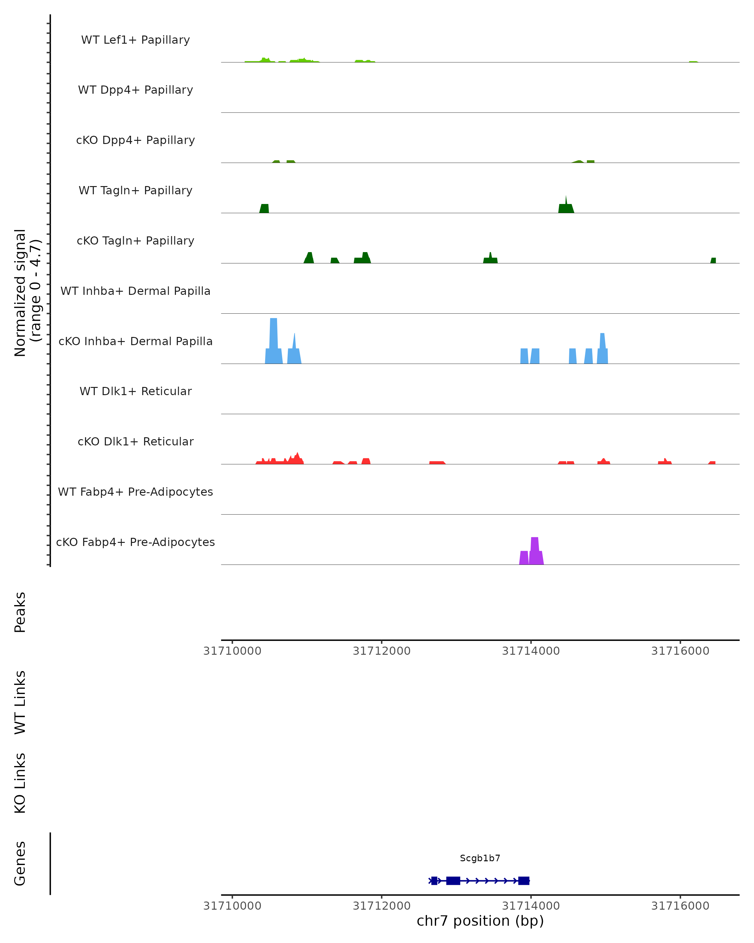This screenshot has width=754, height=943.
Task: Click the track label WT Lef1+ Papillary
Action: [135, 40]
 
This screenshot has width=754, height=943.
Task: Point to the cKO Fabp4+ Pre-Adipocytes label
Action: [135, 542]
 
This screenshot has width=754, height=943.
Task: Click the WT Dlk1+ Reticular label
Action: [135, 391]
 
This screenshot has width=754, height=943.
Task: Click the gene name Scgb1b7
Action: [480, 858]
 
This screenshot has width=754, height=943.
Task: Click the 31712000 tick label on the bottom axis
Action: [382, 906]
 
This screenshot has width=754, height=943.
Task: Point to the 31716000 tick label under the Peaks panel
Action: [680, 651]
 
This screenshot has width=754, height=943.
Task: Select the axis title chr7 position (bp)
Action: [480, 921]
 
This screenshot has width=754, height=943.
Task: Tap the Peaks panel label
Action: [20, 612]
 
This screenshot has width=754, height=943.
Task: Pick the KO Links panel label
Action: [20, 783]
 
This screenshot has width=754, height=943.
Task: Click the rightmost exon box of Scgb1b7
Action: [524, 880]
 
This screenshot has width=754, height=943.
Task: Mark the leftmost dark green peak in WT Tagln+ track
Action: [264, 209]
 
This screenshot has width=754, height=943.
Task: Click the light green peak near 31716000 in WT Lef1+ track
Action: [693, 62]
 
